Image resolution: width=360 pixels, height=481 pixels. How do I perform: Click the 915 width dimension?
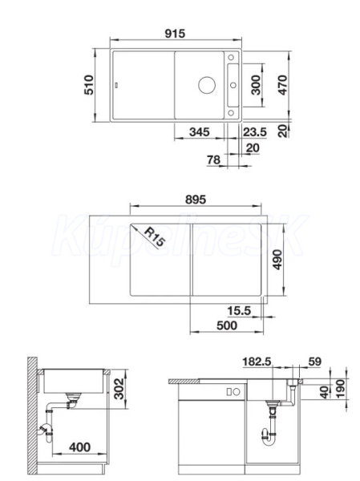(175, 34)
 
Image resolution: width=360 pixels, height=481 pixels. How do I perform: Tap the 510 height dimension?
(89, 85)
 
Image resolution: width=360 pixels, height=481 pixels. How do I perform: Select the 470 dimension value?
(283, 85)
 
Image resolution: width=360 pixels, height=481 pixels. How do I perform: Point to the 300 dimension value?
(255, 85)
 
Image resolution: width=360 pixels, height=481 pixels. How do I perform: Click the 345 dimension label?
(200, 132)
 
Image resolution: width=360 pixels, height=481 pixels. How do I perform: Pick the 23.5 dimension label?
(255, 132)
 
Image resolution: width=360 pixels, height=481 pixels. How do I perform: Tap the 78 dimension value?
(213, 160)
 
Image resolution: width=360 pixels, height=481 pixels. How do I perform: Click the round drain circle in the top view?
(207, 85)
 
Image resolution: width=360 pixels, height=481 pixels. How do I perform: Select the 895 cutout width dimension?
(196, 200)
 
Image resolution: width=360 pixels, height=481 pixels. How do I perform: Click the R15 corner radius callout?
(153, 236)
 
